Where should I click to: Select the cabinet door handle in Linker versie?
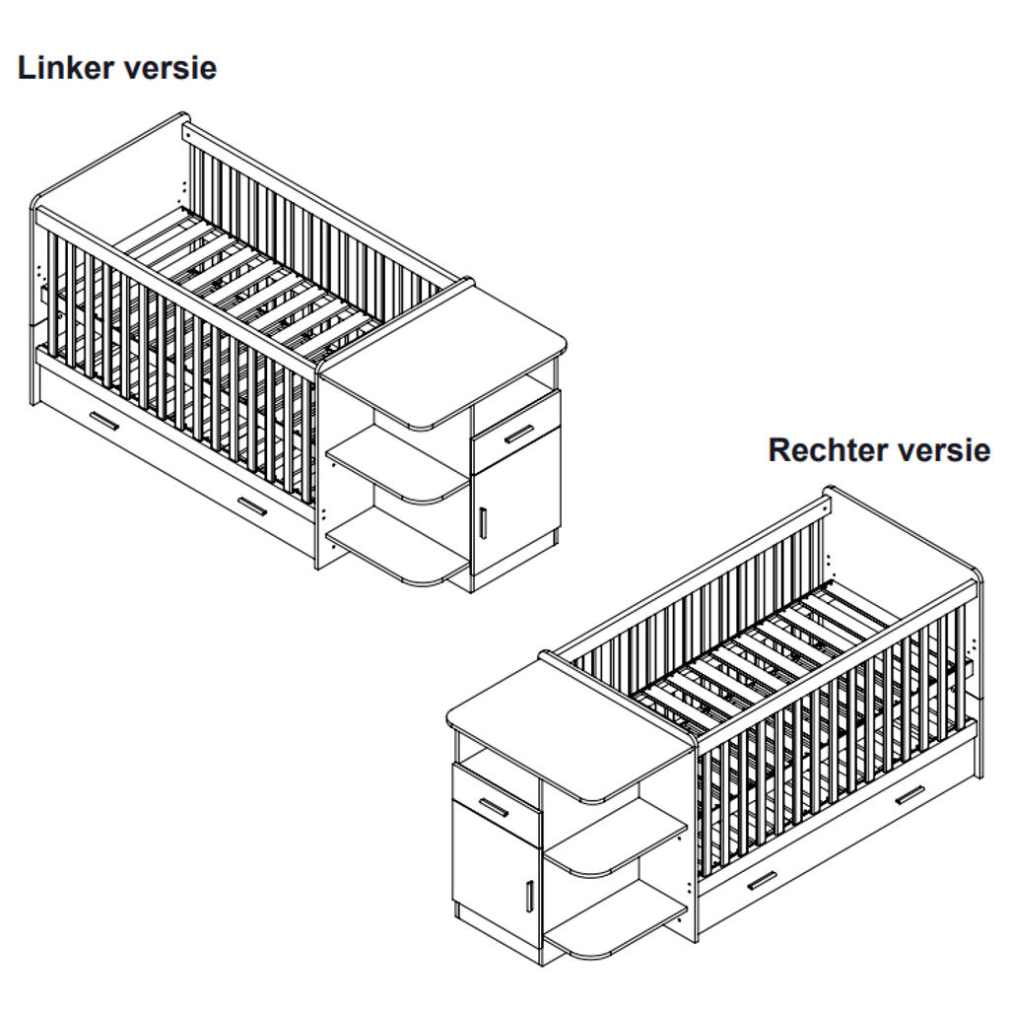point(484,522)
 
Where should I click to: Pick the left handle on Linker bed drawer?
point(104,421)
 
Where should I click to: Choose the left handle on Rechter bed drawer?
point(762,880)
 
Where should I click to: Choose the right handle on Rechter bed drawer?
point(908,794)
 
